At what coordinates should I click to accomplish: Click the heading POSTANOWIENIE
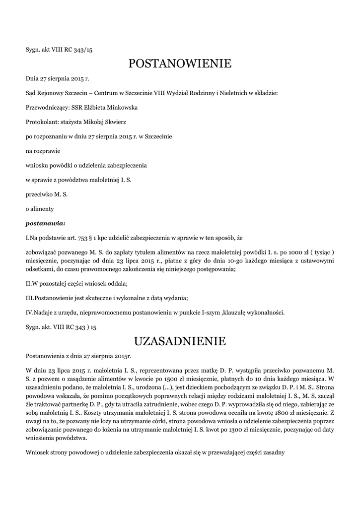[180, 63]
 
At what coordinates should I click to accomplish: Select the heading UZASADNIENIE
[180, 341]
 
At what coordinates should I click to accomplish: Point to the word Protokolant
[41, 122]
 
